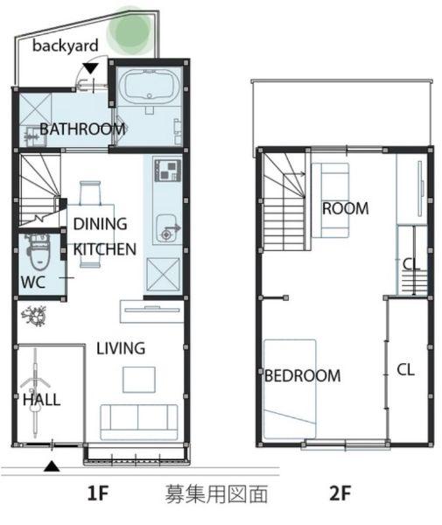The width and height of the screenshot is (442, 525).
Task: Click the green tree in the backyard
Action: [129, 31]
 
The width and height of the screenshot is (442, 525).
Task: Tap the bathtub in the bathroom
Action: [150, 85]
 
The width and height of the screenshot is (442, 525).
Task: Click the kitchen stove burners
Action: [168, 171]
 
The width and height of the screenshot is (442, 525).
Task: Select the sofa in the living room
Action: [139, 422]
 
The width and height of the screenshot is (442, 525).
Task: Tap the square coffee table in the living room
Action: [139, 380]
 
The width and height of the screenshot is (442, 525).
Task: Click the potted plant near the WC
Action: [33, 316]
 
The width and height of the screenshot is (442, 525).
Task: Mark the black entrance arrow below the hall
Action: [52, 466]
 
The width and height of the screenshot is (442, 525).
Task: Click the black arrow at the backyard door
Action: [90, 68]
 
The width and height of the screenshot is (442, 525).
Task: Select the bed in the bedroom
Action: [290, 389]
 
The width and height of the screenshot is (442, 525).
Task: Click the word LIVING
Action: [121, 348]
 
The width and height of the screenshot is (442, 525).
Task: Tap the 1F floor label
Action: [98, 493]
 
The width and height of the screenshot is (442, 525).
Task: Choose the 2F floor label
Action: [340, 493]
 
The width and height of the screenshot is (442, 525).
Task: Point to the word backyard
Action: [66, 45]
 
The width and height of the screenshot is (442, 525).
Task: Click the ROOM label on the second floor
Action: [346, 208]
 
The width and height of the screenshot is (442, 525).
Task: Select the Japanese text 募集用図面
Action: [217, 493]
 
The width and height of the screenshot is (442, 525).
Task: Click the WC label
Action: [32, 283]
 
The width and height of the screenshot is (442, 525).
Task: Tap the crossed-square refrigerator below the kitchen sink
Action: [164, 275]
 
